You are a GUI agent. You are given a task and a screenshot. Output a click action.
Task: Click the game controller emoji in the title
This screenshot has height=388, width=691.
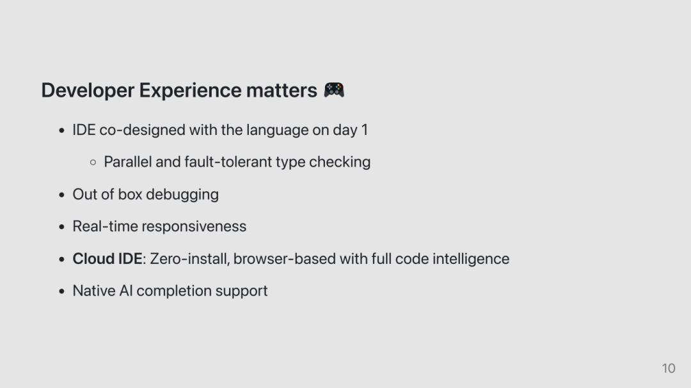pos(334,90)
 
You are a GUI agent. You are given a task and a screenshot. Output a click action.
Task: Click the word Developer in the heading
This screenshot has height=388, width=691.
pos(88,91)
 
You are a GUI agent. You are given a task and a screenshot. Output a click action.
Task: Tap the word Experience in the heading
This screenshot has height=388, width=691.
pos(191,91)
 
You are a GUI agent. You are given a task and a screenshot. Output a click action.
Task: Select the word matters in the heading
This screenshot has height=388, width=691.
pos(282,90)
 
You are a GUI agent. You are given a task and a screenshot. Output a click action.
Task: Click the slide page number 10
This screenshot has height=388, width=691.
pos(669,368)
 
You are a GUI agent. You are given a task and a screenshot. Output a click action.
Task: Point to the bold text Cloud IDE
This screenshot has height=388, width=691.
pos(107,258)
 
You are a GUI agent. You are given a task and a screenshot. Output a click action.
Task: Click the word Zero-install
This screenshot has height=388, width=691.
pos(190,258)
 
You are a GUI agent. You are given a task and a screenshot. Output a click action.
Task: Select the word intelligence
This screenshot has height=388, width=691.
pos(471,259)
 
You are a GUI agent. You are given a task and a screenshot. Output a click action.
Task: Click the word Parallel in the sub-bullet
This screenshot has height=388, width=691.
pos(128,162)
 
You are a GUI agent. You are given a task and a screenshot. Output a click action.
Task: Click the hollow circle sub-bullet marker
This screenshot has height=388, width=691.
pos(93,162)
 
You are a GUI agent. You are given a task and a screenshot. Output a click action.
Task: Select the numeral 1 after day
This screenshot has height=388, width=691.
pos(365,130)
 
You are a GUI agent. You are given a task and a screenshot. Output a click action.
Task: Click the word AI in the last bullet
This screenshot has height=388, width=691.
pos(126,291)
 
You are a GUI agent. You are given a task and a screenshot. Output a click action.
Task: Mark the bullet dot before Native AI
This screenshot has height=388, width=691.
pos(61,291)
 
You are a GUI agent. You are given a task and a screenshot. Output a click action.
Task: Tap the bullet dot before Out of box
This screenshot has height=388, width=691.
pos(61,195)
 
